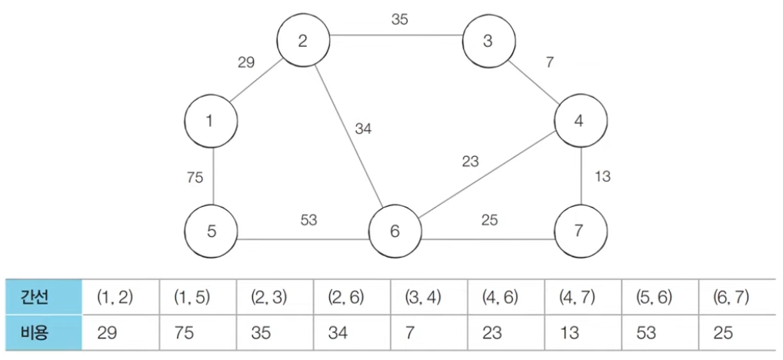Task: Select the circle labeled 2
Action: click(x=303, y=41)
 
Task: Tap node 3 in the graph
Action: click(x=488, y=41)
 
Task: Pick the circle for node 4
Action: click(x=580, y=120)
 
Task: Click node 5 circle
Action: click(x=211, y=231)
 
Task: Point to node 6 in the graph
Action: click(x=395, y=231)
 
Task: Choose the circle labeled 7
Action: click(x=580, y=231)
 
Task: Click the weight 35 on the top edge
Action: click(x=399, y=20)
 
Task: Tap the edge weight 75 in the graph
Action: click(x=195, y=178)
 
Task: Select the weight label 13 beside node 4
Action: click(x=602, y=176)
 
